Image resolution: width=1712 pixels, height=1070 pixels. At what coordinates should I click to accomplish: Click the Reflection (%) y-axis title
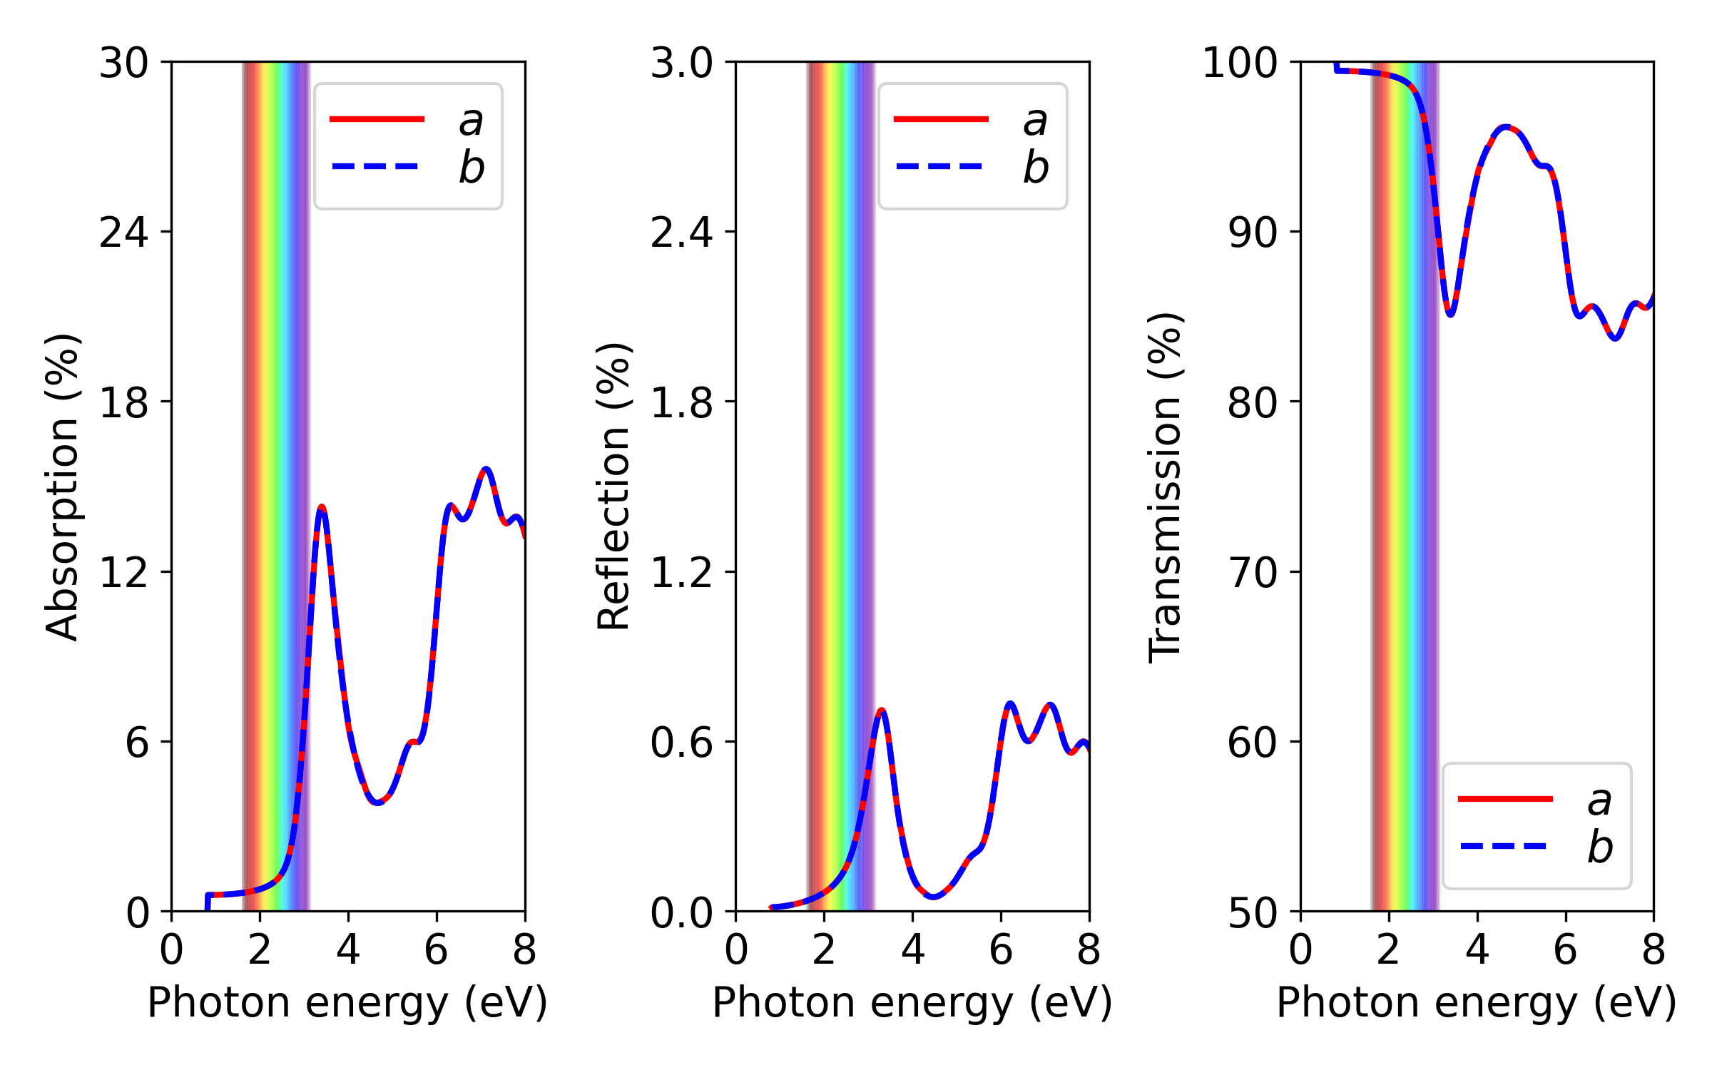point(613,487)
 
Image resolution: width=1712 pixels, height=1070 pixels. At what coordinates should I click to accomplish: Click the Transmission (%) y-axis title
point(1165,487)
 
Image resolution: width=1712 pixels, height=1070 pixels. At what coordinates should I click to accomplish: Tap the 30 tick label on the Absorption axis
point(124,63)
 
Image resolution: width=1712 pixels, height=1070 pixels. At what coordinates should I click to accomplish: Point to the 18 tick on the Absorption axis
point(124,402)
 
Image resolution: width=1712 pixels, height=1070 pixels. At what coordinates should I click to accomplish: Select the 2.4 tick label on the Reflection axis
point(681,233)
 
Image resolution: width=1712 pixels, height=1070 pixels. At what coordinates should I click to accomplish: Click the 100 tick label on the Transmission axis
point(1239,63)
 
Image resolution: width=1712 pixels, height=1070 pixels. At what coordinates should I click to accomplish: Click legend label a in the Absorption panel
point(471,121)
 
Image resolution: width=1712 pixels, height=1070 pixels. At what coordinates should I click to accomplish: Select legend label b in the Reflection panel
point(1036,168)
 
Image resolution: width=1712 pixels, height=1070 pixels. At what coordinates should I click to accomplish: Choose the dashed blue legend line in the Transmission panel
point(1504,847)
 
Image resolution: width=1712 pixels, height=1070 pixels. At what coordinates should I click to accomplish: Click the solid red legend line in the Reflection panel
point(941,119)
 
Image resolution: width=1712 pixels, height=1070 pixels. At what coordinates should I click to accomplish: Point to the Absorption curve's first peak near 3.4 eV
point(322,509)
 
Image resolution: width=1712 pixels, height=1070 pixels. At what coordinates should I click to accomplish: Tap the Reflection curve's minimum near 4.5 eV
point(933,897)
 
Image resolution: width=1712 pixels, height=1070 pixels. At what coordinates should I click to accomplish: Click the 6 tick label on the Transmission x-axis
point(1565,950)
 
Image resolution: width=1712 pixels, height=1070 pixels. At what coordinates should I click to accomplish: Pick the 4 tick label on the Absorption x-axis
point(348,950)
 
